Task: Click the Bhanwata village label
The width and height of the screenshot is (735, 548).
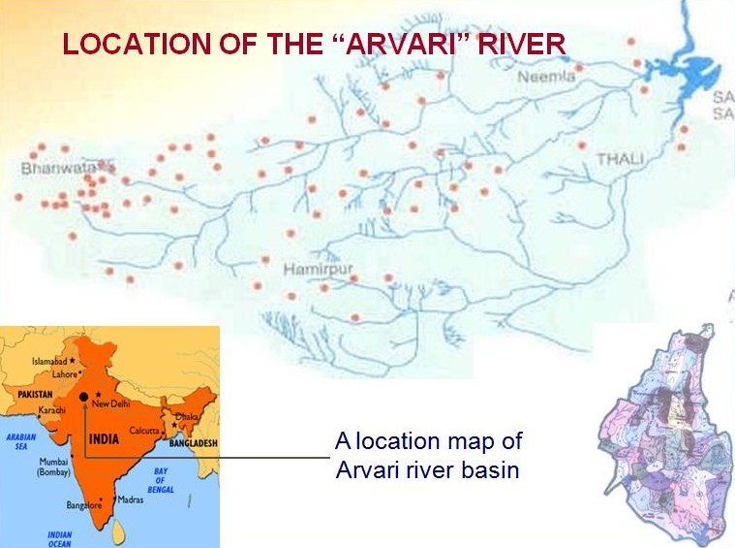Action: pos(51,168)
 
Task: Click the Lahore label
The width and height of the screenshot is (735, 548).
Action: pos(64,374)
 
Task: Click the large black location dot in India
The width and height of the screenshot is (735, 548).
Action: pos(85,397)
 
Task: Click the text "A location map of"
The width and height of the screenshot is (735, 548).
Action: pos(428,441)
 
